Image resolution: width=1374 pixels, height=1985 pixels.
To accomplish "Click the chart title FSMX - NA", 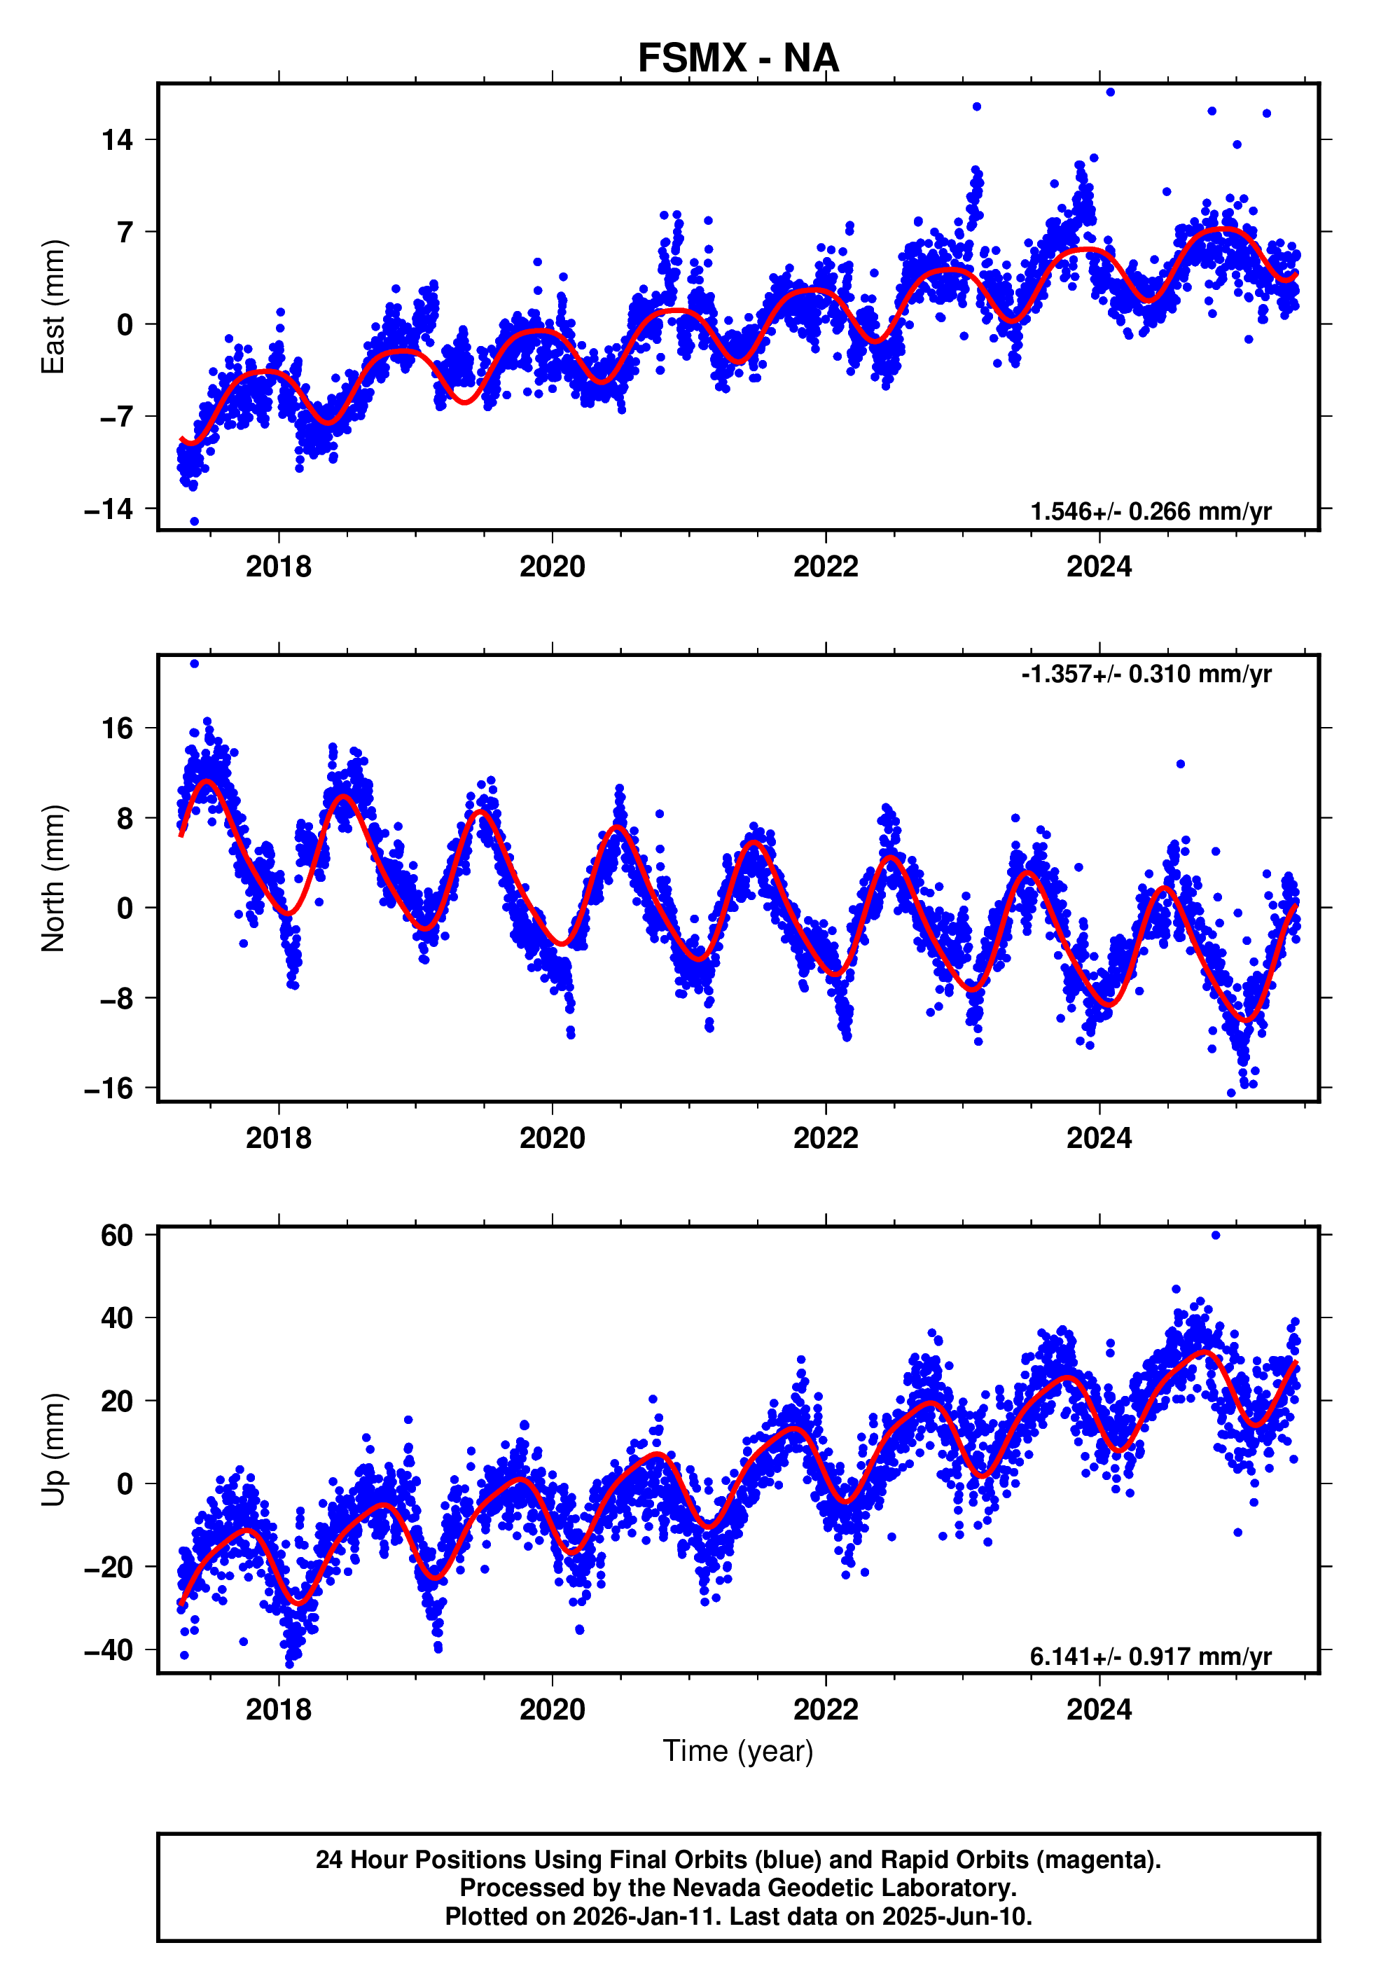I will click(738, 59).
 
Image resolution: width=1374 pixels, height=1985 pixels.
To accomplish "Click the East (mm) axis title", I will click(53, 307).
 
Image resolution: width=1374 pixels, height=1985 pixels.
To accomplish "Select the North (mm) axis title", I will click(53, 878).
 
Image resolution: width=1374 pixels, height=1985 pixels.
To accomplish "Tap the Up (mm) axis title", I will click(53, 1450).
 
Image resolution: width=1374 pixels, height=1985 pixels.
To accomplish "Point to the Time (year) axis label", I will click(738, 1751).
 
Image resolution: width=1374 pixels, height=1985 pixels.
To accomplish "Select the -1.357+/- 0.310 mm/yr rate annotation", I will click(1146, 673).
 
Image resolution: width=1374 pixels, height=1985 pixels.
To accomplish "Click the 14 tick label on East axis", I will click(117, 139).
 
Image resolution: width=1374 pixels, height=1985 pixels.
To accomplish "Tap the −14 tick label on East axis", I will click(109, 509).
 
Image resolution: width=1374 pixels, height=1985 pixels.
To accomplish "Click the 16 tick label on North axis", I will click(117, 728).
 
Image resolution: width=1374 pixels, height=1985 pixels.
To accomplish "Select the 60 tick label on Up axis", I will click(117, 1236).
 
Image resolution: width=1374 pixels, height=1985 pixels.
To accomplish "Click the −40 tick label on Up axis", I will click(109, 1650).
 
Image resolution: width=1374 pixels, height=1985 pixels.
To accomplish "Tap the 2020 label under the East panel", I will click(552, 567).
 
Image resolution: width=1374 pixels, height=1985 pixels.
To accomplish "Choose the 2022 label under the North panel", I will click(826, 1138).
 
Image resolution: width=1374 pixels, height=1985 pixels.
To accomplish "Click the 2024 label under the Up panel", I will click(1099, 1710).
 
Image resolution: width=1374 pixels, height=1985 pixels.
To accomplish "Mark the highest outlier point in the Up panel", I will click(1216, 1236).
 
